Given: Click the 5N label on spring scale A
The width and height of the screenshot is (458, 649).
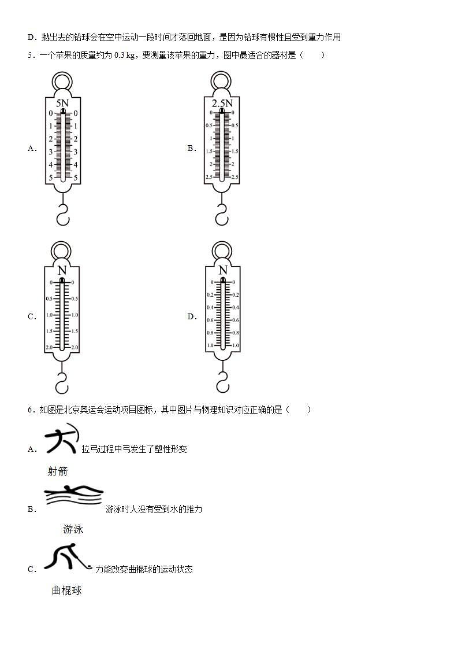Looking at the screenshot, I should pyautogui.click(x=62, y=103).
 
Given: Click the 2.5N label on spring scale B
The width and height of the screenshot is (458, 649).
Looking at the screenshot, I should pyautogui.click(x=222, y=104).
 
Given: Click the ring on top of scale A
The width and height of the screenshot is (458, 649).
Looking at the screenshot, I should pyautogui.click(x=62, y=82).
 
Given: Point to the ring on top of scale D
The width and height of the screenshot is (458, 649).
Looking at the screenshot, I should pyautogui.click(x=222, y=250).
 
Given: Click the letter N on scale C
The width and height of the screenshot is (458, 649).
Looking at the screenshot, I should pyautogui.click(x=62, y=271).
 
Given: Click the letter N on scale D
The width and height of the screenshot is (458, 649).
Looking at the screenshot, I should pyautogui.click(x=222, y=271).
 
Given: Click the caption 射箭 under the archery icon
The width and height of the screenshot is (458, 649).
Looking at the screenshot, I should pyautogui.click(x=58, y=471).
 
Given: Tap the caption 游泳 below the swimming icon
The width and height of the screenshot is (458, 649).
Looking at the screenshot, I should pyautogui.click(x=73, y=529).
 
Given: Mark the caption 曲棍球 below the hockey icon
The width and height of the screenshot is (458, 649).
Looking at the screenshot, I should pyautogui.click(x=67, y=591).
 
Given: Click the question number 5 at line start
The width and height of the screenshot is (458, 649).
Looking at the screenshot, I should pyautogui.click(x=30, y=56).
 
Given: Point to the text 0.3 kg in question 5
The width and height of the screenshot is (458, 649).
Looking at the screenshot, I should pyautogui.click(x=125, y=56).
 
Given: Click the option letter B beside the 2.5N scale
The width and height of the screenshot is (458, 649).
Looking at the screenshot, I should pyautogui.click(x=191, y=148).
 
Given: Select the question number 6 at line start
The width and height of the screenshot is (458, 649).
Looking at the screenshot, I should pyautogui.click(x=30, y=410).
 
